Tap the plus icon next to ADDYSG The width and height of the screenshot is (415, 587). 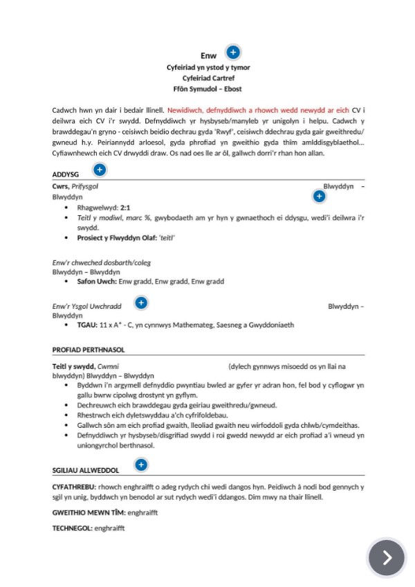pos(99,170)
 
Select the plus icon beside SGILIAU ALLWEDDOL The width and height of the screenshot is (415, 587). pos(140,464)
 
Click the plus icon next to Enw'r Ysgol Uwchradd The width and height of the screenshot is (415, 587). pos(140,302)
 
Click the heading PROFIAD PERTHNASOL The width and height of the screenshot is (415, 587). pos(88,350)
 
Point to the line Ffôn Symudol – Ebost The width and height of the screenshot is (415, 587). pos(207,89)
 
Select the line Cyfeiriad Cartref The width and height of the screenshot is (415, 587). pos(207,78)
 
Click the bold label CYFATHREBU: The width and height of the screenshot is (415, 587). pos(75,487)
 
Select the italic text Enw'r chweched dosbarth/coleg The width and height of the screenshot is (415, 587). pos(102,263)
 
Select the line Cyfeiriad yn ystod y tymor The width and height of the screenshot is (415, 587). pos(207,68)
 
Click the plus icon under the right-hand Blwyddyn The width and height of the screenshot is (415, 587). pos(319,197)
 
